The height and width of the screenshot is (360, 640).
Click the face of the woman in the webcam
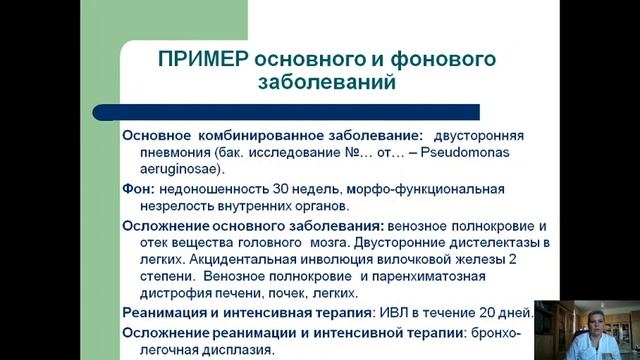pyautogui.click(x=585, y=326)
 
